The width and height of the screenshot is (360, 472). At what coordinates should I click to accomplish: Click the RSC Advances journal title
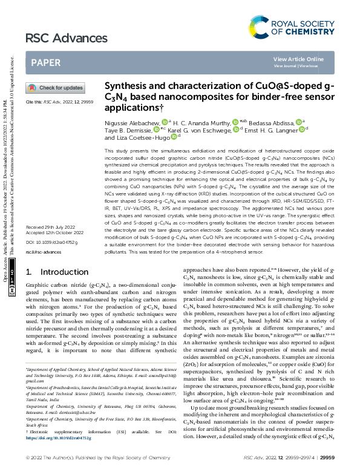tap(57, 39)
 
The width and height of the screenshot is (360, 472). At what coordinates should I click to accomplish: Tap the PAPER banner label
tap(45, 62)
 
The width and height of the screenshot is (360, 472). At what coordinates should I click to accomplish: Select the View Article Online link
tap(298, 59)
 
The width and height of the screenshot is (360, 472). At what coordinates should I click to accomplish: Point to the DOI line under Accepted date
tap(47, 258)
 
